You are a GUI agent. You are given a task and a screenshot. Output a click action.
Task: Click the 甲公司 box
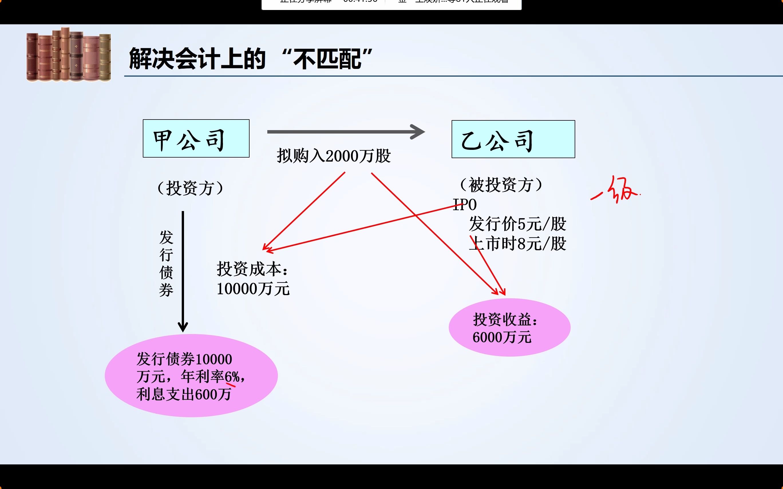196,138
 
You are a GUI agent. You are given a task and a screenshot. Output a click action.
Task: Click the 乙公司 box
513,139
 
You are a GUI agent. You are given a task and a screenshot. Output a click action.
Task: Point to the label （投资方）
190,188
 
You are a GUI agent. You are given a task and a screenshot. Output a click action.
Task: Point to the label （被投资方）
501,185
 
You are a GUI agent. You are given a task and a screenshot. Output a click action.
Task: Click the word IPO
465,205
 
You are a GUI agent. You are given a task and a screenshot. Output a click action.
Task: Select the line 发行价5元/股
517,224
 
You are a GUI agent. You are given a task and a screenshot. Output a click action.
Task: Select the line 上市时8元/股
517,244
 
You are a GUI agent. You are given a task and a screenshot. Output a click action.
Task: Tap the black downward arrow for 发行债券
183,272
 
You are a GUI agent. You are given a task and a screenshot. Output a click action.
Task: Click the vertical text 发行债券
166,264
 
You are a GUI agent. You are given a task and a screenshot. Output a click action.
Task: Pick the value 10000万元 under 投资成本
253,289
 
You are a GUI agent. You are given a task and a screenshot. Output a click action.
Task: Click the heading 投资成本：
252,269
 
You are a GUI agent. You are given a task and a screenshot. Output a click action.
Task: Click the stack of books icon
69,54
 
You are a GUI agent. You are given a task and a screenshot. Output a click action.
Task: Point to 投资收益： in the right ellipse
505,319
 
